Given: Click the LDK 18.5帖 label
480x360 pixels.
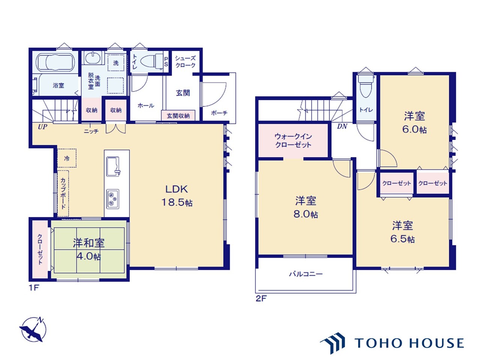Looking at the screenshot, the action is [177, 195].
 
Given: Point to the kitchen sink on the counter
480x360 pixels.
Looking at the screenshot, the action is [113, 166].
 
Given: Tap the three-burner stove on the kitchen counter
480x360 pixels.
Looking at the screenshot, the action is [113, 199].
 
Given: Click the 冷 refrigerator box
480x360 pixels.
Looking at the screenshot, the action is [67, 158].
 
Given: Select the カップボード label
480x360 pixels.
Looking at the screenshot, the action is [63, 193].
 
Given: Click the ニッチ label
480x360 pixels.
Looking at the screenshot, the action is [91, 131].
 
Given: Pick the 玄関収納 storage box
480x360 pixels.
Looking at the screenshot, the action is [178, 115].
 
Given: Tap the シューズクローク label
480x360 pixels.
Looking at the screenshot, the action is [185, 61].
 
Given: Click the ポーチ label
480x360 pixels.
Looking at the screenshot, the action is [219, 113].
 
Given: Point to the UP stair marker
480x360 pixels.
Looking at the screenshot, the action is [42, 127].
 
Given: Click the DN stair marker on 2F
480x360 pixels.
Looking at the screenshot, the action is [342, 126].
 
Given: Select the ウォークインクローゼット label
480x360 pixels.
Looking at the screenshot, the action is [293, 141].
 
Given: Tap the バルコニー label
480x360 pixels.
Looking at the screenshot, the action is [306, 274].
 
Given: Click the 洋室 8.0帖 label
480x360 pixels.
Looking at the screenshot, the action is [306, 207].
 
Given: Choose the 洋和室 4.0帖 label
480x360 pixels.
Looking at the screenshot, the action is [88, 249].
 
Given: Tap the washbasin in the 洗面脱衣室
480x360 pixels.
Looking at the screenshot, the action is [93, 58].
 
